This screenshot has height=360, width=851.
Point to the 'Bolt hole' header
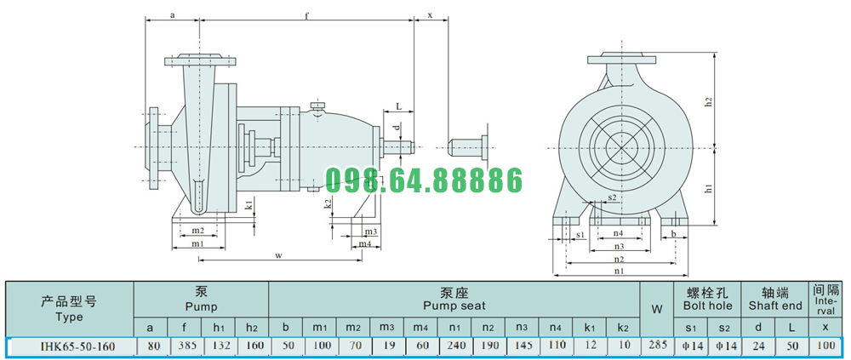707,305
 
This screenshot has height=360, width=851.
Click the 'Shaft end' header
774,305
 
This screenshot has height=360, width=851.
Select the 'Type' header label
69,317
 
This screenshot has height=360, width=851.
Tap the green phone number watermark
423,181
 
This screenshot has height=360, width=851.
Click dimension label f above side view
306,15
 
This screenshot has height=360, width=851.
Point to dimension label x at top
431,15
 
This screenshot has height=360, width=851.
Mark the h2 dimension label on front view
707,101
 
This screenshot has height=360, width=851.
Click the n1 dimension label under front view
619,271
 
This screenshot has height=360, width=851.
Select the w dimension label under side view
277,254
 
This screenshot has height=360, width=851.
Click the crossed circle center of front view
620,145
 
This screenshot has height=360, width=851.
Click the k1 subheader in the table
590,327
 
